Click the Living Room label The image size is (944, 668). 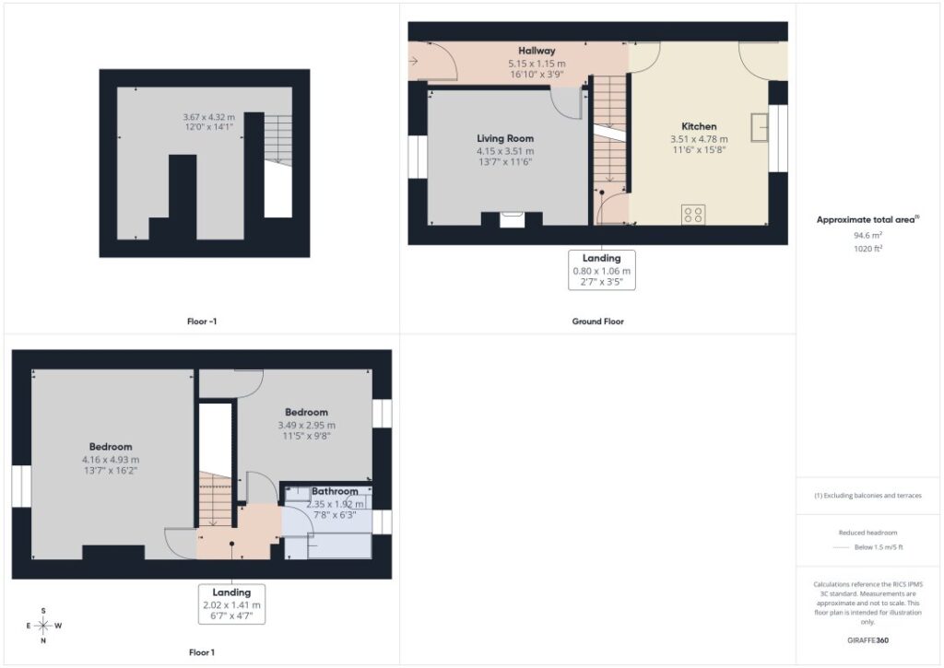tap(505, 138)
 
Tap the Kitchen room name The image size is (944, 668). tap(699, 126)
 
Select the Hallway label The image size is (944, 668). tap(537, 51)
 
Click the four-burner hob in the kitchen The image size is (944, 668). tap(693, 215)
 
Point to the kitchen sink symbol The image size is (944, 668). tap(760, 127)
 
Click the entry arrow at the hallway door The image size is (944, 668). tap(413, 61)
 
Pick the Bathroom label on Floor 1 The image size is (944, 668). tap(335, 491)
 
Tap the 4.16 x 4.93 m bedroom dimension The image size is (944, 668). tap(111, 459)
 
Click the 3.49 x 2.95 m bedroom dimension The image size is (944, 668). tap(306, 425)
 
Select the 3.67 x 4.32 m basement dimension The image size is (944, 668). tap(209, 117)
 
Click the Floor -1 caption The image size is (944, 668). tap(202, 322)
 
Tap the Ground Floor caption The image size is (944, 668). tap(597, 322)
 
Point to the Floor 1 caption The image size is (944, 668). tap(202, 652)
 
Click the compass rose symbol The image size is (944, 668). tap(43, 626)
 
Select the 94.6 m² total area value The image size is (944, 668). tap(867, 235)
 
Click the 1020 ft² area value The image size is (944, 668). tap(867, 248)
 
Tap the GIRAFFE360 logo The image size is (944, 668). tap(867, 640)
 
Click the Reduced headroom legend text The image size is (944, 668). tap(867, 533)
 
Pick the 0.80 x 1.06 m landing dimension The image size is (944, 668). tap(601, 271)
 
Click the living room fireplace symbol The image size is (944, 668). tap(512, 219)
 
